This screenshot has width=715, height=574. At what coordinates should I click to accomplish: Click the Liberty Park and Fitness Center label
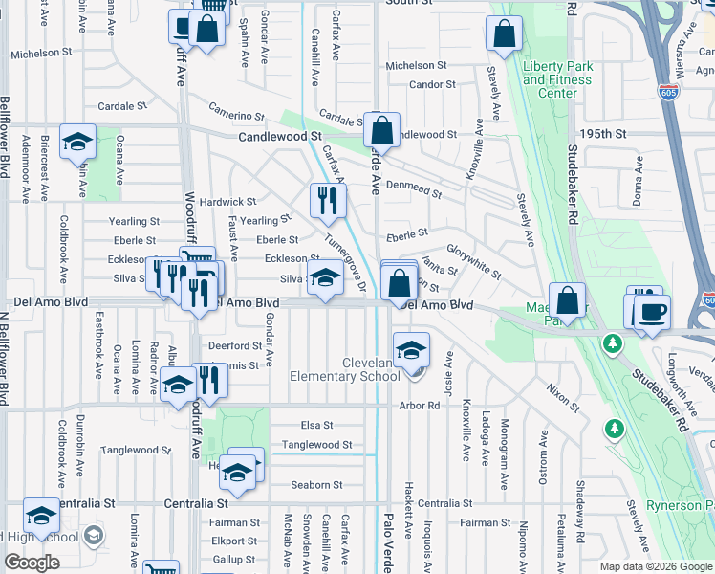click(557, 79)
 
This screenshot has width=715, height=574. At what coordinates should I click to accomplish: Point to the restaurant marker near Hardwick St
click(326, 200)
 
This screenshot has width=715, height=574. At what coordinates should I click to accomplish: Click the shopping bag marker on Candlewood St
click(381, 131)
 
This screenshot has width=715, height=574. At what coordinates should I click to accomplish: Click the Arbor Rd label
click(421, 406)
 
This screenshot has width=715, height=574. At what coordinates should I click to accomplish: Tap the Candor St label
click(432, 85)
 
